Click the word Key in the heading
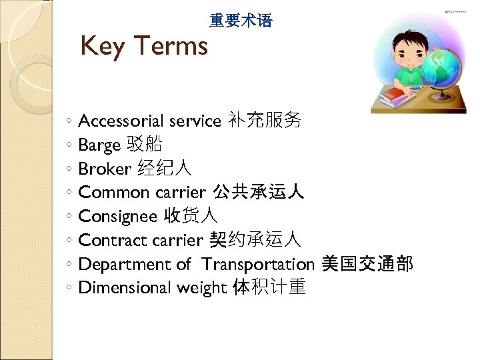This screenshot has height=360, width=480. point(103,47)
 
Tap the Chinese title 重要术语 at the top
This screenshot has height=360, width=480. point(241,21)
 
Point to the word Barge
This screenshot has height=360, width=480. point(99,145)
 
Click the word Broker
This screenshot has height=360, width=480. point(105,169)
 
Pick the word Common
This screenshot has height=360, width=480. point(113,193)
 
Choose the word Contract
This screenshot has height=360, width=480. point(113,241)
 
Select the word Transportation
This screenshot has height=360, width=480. point(258,265)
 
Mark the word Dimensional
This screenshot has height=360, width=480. point(125,288)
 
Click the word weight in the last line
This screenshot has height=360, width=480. point(201,289)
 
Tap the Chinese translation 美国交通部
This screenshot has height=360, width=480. point(367,264)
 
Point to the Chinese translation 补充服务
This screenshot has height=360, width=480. point(264,121)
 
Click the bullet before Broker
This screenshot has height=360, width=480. point(70,169)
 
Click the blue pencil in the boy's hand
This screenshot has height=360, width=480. point(416,87)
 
